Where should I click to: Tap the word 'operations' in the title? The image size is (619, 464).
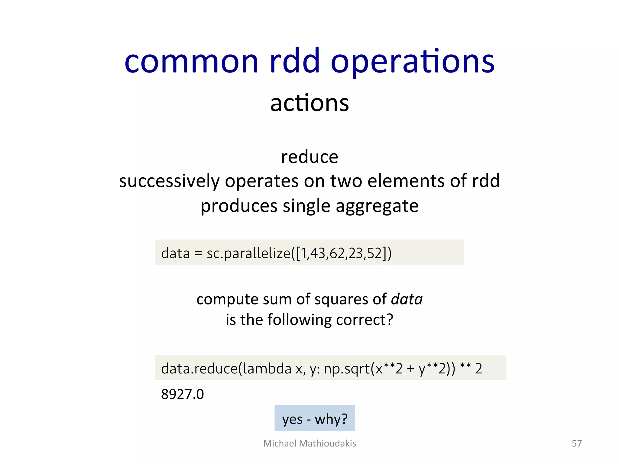(413, 62)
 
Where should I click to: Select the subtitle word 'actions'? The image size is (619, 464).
(309, 103)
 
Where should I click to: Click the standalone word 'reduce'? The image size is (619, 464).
(309, 157)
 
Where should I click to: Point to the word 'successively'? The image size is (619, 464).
(169, 181)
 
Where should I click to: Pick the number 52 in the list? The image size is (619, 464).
(373, 253)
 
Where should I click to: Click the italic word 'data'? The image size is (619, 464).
(407, 299)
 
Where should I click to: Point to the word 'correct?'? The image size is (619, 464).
(365, 320)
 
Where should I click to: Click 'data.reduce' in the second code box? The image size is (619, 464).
(199, 368)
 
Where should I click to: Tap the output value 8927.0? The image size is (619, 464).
(183, 394)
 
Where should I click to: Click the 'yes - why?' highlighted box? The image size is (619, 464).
(315, 419)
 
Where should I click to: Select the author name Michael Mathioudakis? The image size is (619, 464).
(309, 443)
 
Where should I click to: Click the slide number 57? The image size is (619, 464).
(577, 443)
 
